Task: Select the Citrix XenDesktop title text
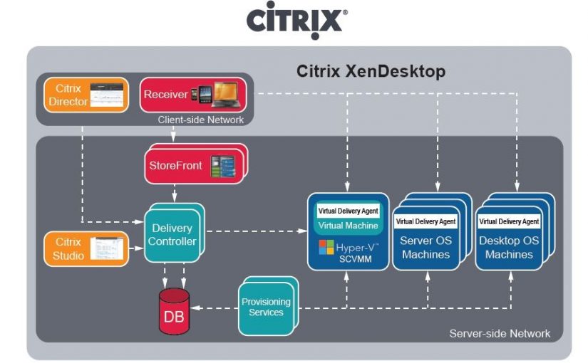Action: point(371,71)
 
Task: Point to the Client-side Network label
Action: point(200,120)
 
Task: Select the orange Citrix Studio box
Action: point(85,248)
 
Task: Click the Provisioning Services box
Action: point(266,307)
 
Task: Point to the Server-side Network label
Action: point(500,333)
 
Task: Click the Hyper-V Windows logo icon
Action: point(326,248)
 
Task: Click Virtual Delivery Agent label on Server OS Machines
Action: point(425,221)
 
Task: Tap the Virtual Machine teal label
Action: point(348,226)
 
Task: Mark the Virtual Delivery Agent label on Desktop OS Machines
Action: point(509,221)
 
